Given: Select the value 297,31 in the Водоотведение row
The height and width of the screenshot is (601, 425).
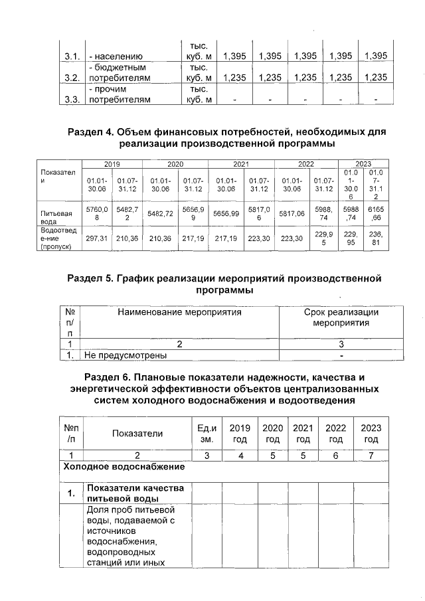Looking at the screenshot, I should [97, 238].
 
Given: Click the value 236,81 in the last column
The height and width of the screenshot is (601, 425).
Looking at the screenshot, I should [376, 238].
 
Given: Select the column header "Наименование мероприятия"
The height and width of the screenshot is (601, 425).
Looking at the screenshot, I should [179, 311].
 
